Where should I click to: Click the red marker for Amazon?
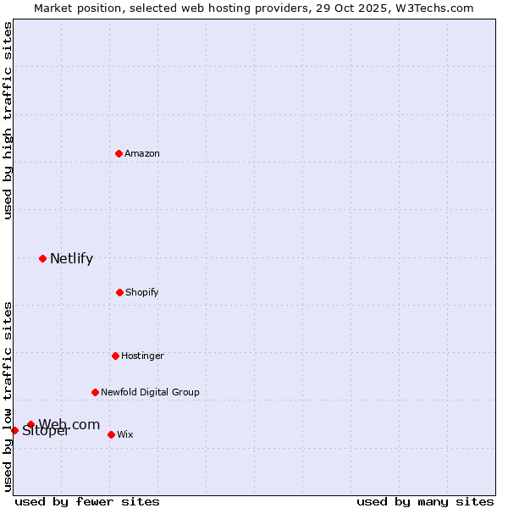click(x=119, y=153)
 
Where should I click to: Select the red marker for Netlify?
click(x=42, y=258)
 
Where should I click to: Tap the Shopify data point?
click(x=119, y=292)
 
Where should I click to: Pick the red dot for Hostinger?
click(x=115, y=356)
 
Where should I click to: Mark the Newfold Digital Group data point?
click(x=95, y=392)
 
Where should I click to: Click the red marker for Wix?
click(x=111, y=434)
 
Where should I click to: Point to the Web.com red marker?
click(x=30, y=424)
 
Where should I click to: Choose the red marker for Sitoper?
click(x=14, y=430)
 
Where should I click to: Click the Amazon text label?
click(x=142, y=153)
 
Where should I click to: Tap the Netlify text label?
click(x=71, y=258)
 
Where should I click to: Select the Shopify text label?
click(x=142, y=292)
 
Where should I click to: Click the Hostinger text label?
click(x=142, y=356)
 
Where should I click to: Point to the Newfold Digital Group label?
click(x=150, y=392)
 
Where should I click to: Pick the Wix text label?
click(x=125, y=434)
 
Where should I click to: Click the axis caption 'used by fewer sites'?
click(x=87, y=501)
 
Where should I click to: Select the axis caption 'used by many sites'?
click(x=425, y=501)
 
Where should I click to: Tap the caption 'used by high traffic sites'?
click(x=8, y=120)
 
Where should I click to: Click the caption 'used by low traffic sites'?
click(x=8, y=396)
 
